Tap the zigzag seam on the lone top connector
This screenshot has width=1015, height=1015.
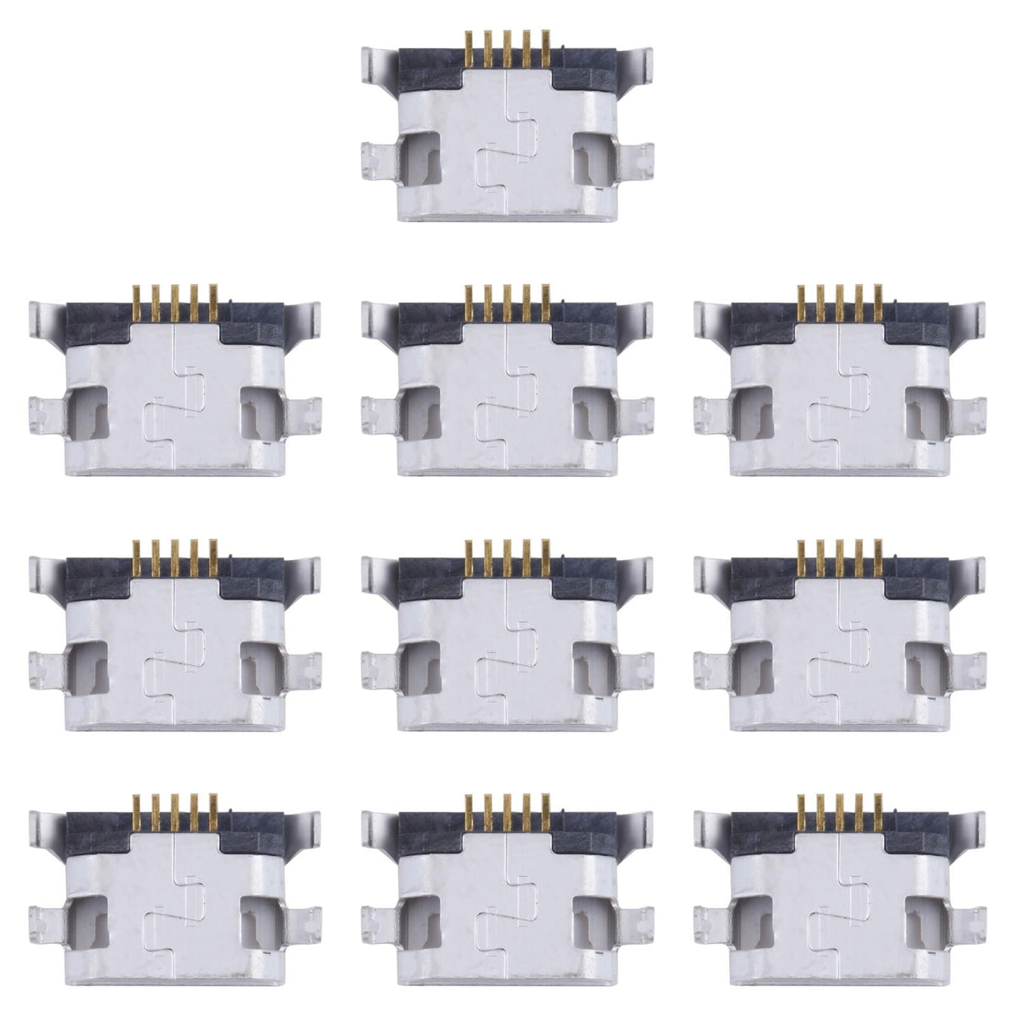pyautogui.click(x=507, y=144)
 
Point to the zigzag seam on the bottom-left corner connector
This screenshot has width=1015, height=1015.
pyautogui.click(x=175, y=905)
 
